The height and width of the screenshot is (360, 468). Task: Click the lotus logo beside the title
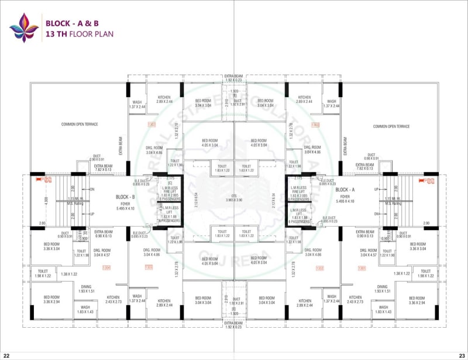pos(23,28)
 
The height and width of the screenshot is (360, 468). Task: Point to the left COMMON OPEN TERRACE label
pos(80,125)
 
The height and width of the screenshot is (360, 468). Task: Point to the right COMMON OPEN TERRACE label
pos(391,126)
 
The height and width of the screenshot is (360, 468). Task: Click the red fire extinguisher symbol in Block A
pos(429,180)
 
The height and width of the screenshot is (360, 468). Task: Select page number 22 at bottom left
pos(6,355)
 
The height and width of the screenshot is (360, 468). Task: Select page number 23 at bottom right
pos(462,355)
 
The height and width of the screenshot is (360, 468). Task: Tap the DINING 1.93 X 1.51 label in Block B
pos(86,289)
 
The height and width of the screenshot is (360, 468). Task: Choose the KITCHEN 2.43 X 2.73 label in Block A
pos(355,299)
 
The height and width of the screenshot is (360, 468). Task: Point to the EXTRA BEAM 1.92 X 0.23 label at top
pos(233,78)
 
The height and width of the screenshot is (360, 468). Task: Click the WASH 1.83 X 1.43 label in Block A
pos(383,309)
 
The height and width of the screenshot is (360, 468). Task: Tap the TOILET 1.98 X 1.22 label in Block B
pos(43,273)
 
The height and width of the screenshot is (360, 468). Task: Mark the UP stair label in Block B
pos(92,214)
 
